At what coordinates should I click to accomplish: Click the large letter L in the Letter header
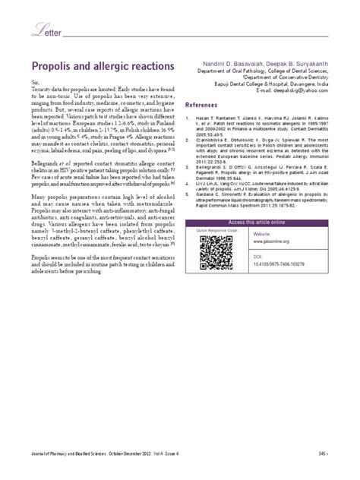point(35,30)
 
